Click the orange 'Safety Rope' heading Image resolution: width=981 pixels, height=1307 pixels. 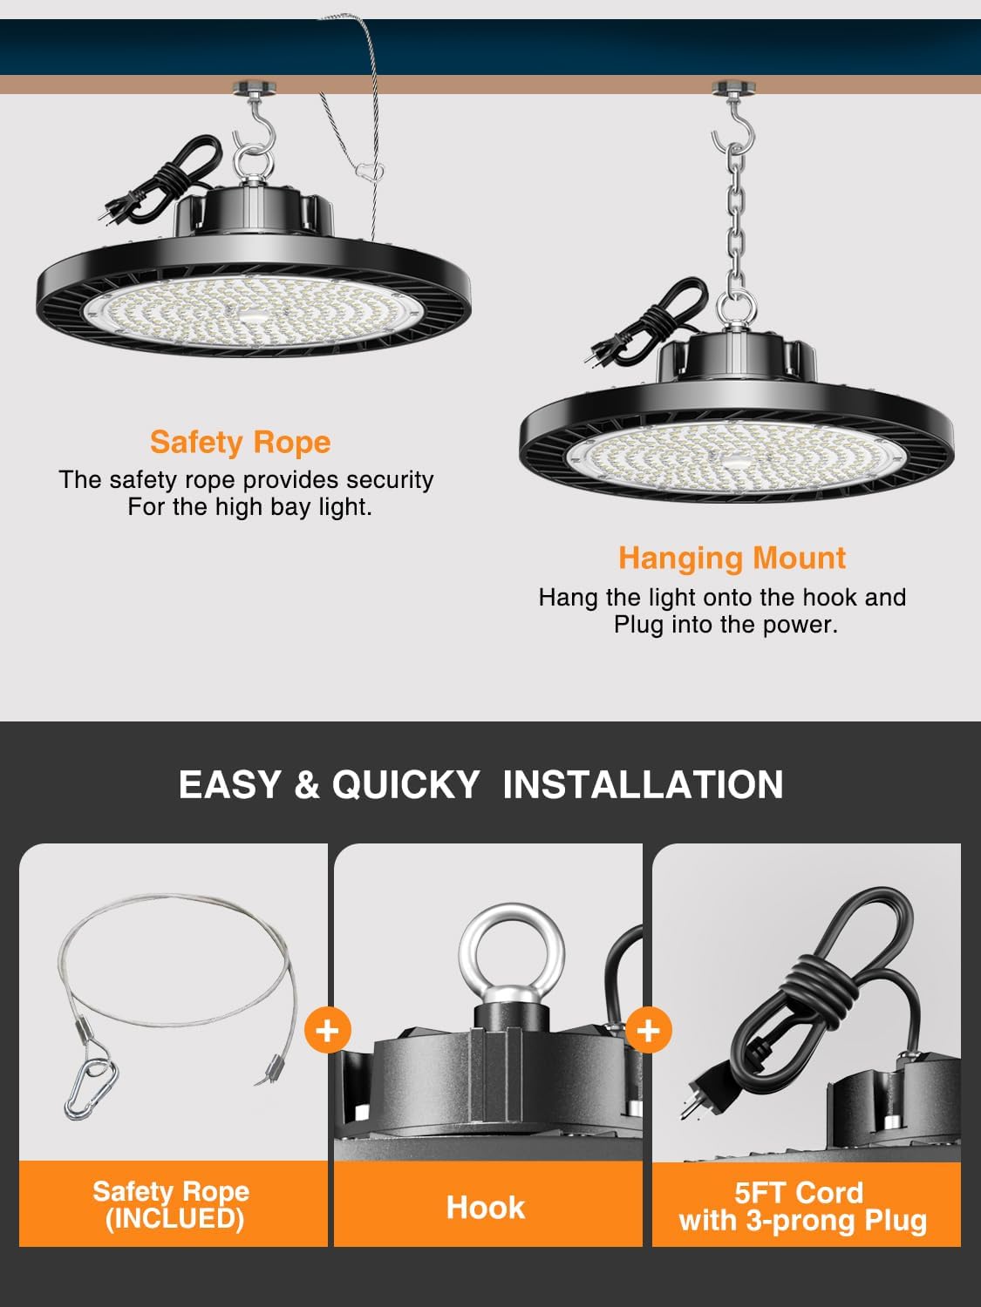(x=240, y=442)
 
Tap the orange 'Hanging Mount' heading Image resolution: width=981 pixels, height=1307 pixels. (x=732, y=558)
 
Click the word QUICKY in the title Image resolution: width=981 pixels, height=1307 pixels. (x=405, y=784)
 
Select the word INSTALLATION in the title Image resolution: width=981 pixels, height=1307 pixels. (x=643, y=784)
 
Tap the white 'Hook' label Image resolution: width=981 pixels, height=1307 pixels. (x=486, y=1208)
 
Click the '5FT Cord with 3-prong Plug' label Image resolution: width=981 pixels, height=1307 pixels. (x=802, y=1207)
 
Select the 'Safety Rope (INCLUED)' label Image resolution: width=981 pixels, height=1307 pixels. (x=172, y=1204)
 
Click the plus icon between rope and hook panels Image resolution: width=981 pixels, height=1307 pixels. (x=328, y=1030)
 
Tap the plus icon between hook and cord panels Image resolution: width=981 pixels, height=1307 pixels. (x=648, y=1031)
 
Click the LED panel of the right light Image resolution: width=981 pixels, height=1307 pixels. (x=737, y=457)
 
